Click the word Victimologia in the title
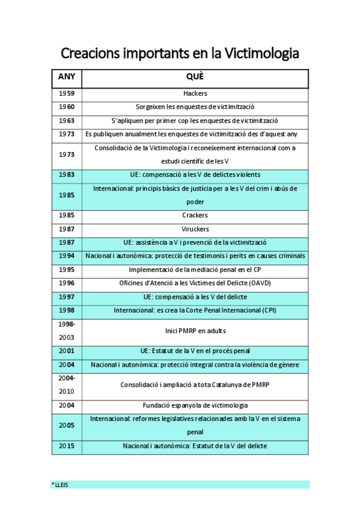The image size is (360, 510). pyautogui.click(x=261, y=54)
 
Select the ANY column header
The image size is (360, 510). pyautogui.click(x=67, y=78)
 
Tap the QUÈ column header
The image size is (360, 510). pyautogui.click(x=195, y=78)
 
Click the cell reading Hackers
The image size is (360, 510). pyautogui.click(x=195, y=93)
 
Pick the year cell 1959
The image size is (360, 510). pyautogui.click(x=67, y=93)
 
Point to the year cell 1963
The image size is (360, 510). pyautogui.click(x=67, y=120)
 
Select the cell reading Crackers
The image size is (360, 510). pyautogui.click(x=195, y=215)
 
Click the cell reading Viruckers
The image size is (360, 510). pyautogui.click(x=195, y=229)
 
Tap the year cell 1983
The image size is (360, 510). pyautogui.click(x=67, y=174)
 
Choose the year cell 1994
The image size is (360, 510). pyautogui.click(x=67, y=256)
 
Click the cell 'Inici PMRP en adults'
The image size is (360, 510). pyautogui.click(x=195, y=331)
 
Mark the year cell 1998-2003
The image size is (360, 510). pyautogui.click(x=67, y=331)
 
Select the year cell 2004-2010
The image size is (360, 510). pyautogui.click(x=67, y=385)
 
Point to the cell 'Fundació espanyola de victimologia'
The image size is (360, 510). pyautogui.click(x=195, y=405)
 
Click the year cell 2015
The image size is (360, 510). pyautogui.click(x=67, y=446)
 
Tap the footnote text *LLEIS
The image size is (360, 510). pyautogui.click(x=59, y=485)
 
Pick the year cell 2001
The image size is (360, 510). pyautogui.click(x=67, y=351)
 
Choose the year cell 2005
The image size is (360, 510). pyautogui.click(x=67, y=426)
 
